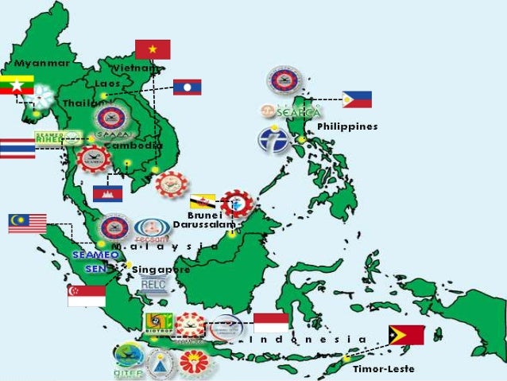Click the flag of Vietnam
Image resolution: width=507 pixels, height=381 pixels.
tap(153, 49)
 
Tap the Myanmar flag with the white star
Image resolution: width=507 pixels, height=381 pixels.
tap(17, 85)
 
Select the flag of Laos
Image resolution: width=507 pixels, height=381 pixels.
tap(188, 87)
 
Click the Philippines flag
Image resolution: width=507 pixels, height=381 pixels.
tap(357, 99)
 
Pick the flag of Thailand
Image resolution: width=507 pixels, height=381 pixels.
tap(17, 148)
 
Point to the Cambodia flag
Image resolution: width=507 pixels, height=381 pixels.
tap(107, 193)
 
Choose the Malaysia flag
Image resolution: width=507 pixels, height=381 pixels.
tap(27, 224)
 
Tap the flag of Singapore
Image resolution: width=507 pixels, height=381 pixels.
tap(87, 296)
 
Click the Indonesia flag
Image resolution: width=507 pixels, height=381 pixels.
tap(271, 322)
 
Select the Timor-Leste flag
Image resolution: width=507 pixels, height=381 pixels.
tap(406, 335)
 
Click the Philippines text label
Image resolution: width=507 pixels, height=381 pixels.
tap(347, 126)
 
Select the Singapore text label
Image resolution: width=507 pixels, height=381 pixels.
tap(161, 269)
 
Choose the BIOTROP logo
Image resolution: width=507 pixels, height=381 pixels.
tap(156, 321)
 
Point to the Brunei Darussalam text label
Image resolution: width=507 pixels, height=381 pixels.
tap(204, 220)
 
